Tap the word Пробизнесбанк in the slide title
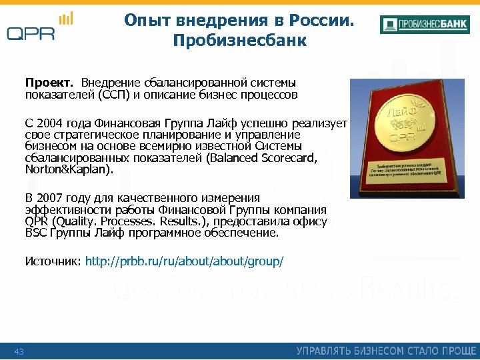239,41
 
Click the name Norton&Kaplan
69,169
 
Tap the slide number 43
19,351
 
